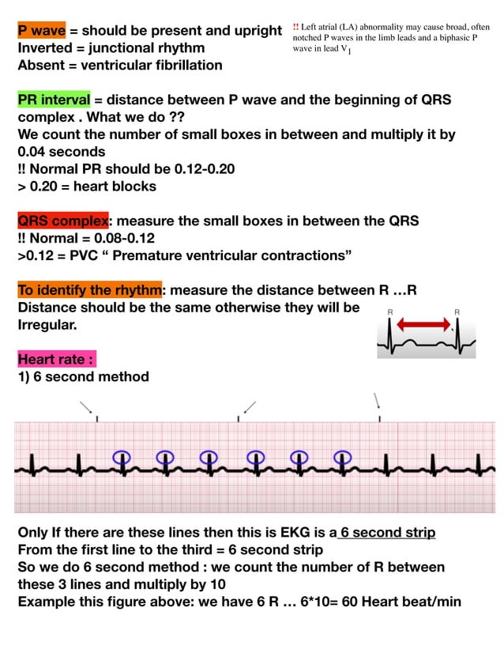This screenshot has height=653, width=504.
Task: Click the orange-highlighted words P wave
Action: (42, 31)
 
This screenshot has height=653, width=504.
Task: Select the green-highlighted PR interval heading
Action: (54, 100)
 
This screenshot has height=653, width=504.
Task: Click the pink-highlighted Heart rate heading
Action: (56, 360)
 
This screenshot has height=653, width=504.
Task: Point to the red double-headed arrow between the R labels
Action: (423, 324)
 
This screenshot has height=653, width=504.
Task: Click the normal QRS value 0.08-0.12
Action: (124, 238)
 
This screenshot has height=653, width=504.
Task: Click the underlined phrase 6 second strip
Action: (388, 533)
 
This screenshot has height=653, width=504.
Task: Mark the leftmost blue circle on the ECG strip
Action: (121, 457)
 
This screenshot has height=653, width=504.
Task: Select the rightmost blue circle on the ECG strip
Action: (343, 457)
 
